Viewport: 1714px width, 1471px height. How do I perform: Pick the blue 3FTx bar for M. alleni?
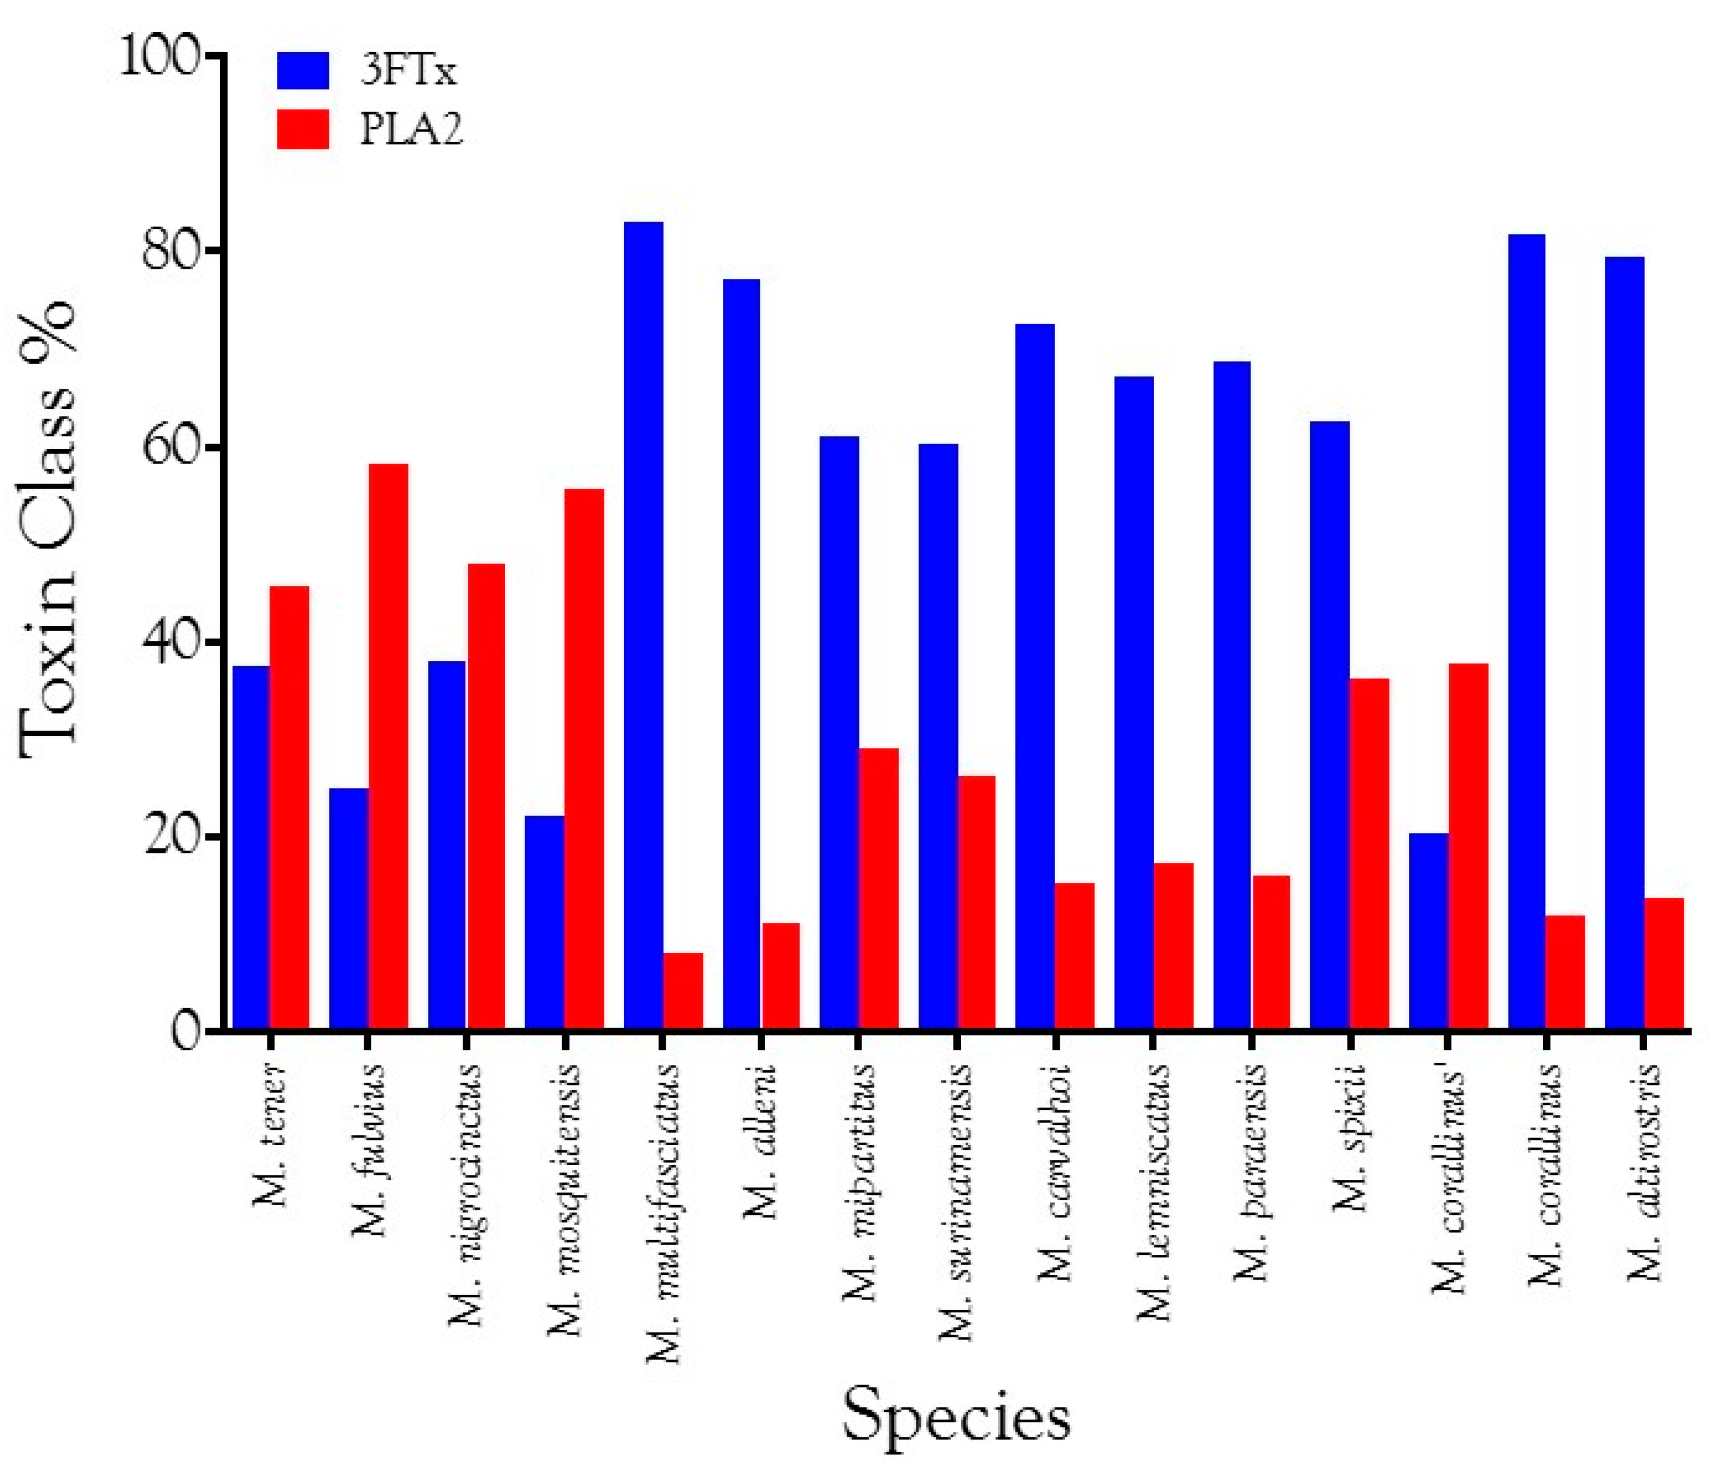point(741,654)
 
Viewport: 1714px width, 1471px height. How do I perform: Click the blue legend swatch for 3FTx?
point(303,71)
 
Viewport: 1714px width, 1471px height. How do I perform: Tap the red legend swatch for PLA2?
point(303,130)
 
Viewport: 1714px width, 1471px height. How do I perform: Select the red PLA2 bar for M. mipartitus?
point(878,889)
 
